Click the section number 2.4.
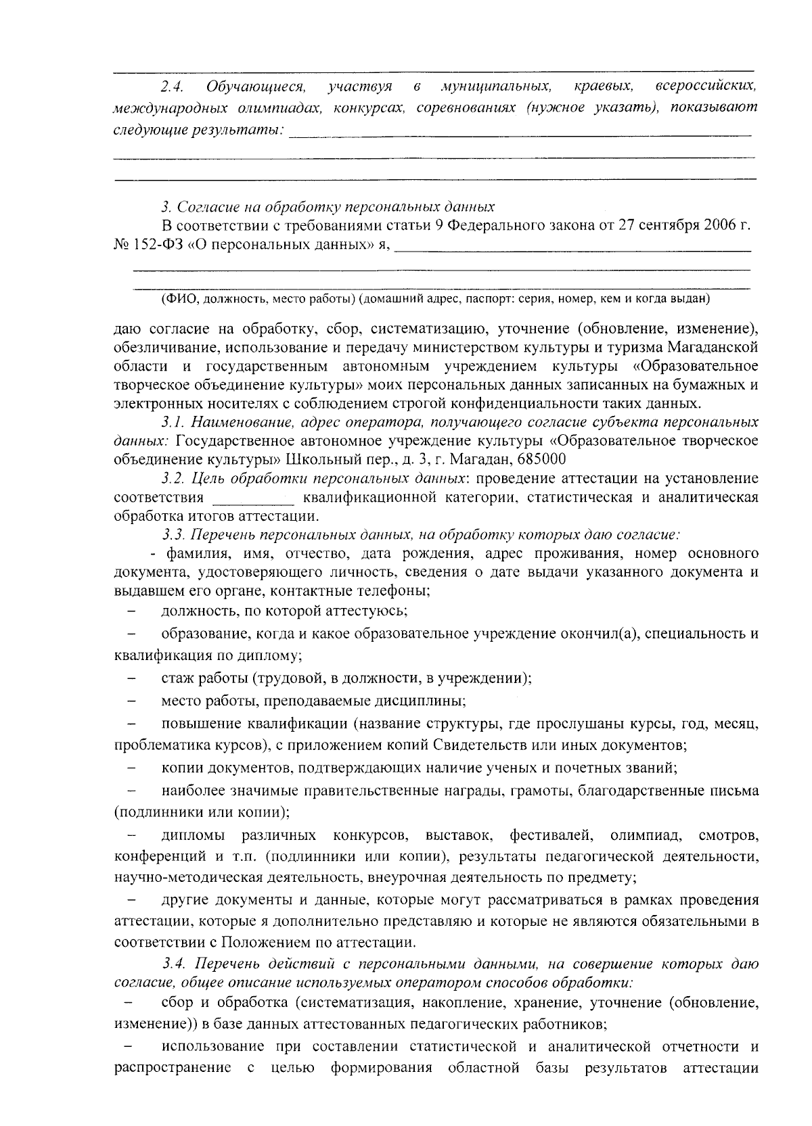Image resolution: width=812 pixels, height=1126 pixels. (172, 87)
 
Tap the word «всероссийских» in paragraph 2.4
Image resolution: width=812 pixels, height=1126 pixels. (705, 87)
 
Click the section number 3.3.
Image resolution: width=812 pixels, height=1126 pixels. (173, 535)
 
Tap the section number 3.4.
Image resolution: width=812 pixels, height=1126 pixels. (173, 962)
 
